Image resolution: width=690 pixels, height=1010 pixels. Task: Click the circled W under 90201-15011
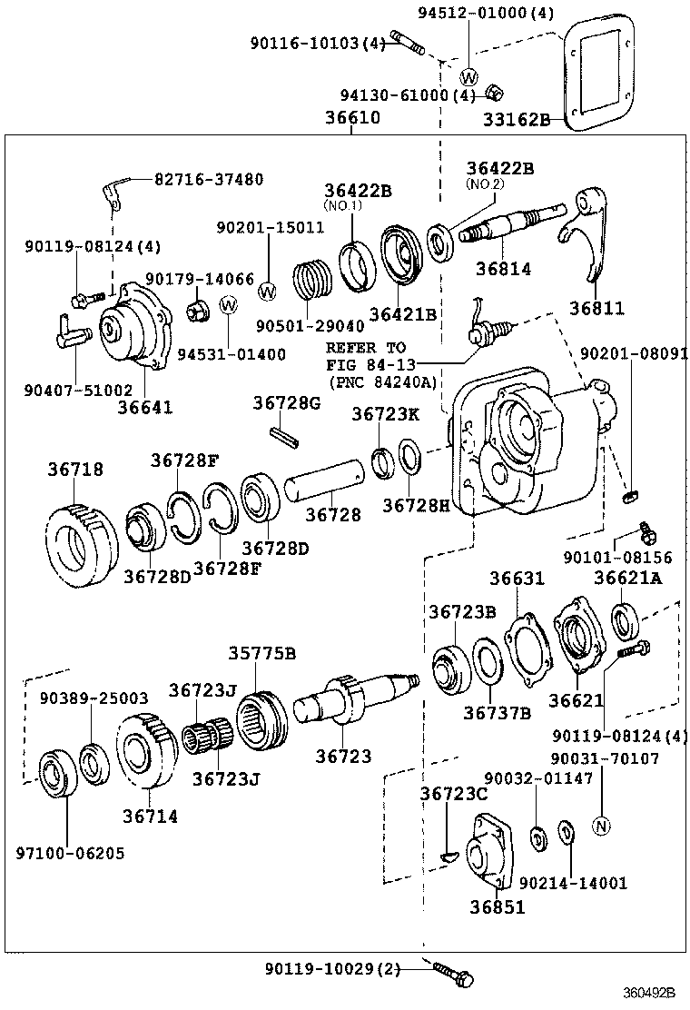[268, 292]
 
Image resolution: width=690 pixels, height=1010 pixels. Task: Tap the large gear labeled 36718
[82, 545]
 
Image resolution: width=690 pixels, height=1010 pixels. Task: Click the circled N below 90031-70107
[601, 826]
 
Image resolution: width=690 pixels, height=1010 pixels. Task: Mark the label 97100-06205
[70, 853]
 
